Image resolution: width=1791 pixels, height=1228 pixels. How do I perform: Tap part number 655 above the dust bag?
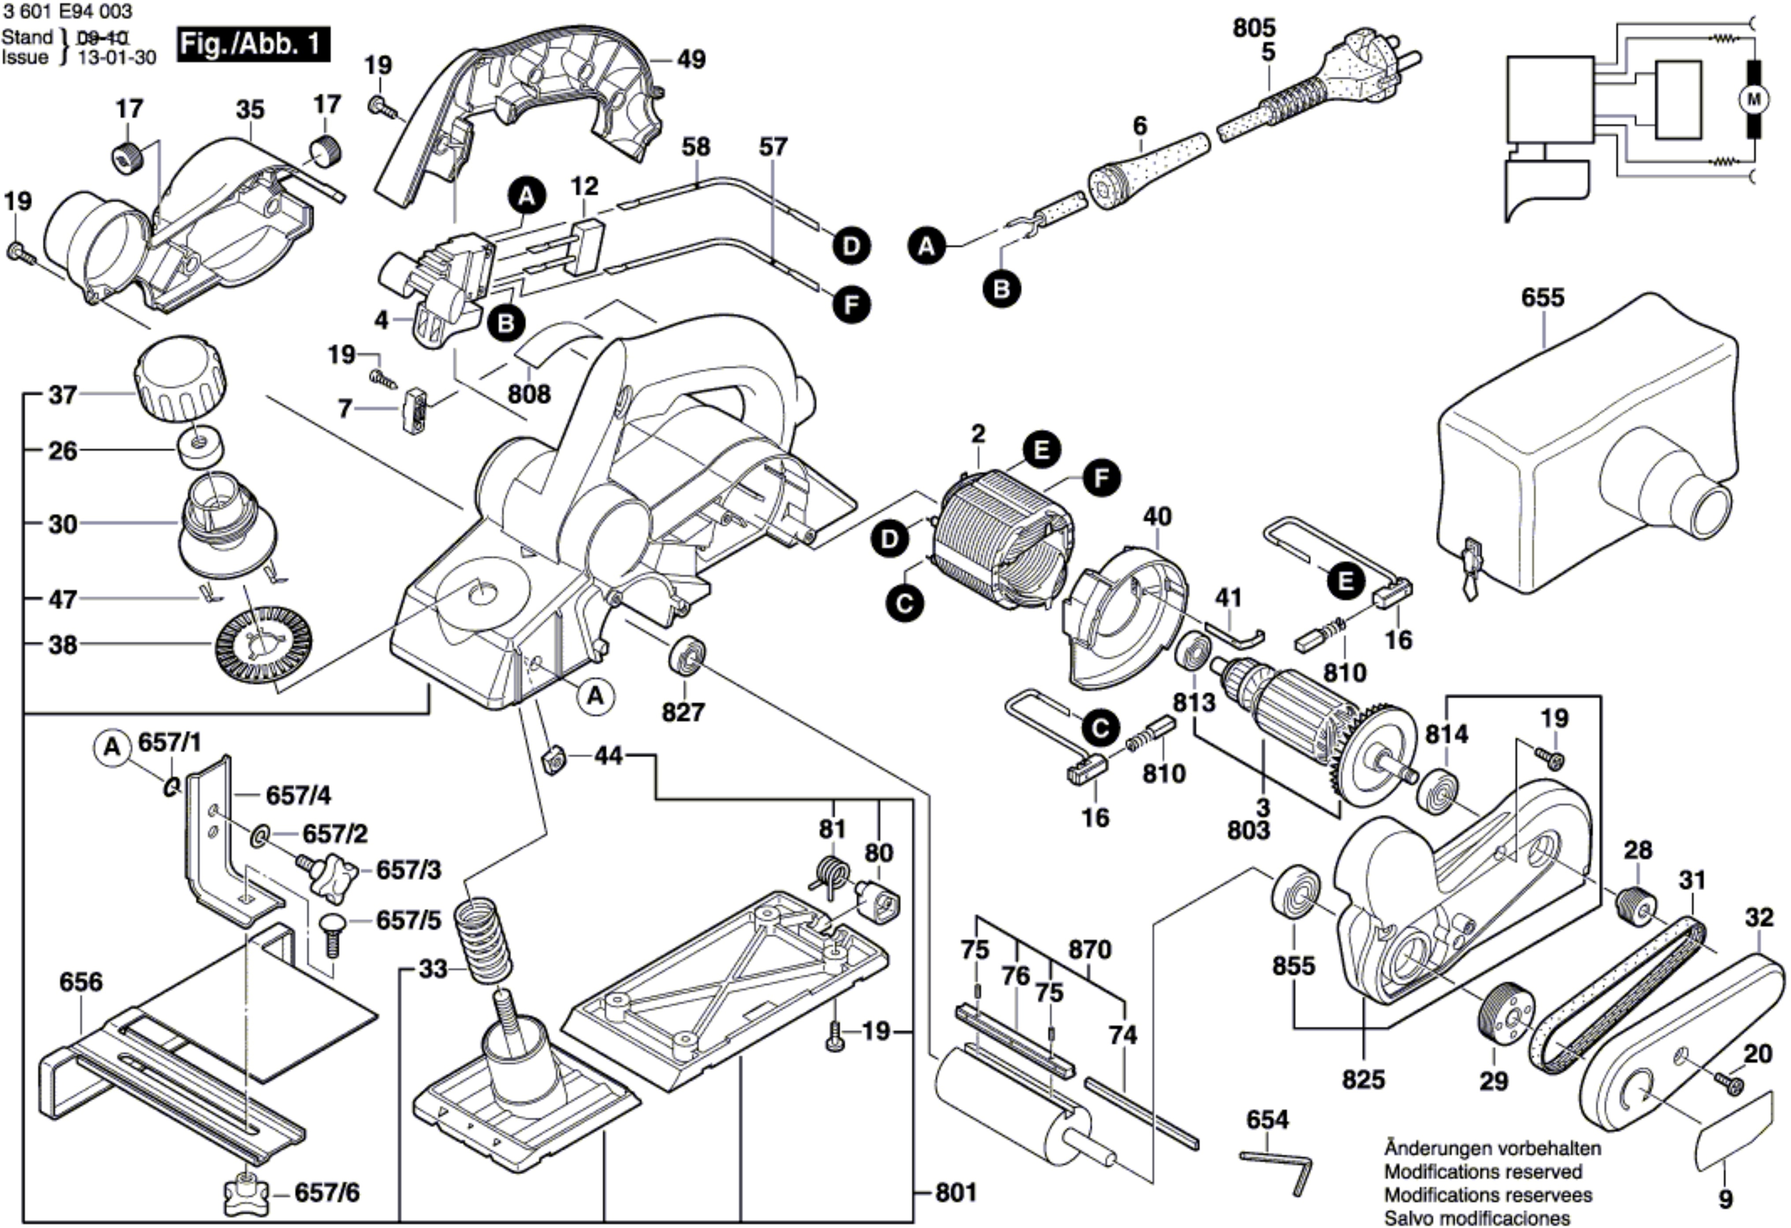[x=1543, y=298]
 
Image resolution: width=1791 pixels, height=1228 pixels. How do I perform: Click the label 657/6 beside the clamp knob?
[x=327, y=1193]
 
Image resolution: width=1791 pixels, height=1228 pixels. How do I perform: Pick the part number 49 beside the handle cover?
[x=691, y=60]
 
